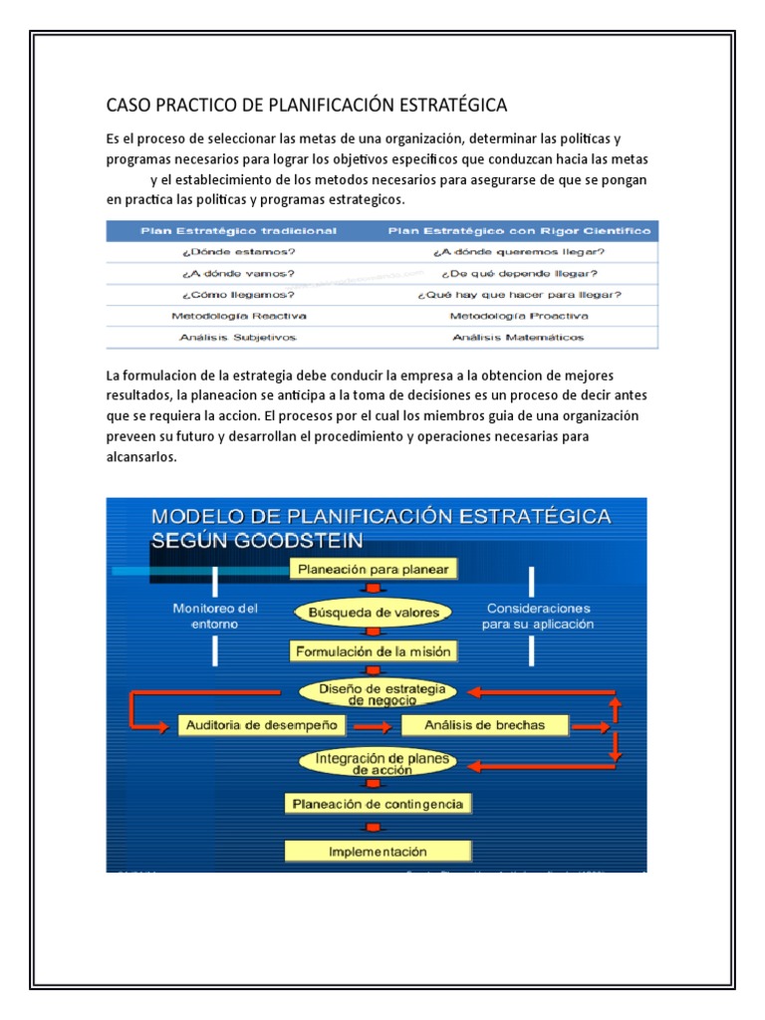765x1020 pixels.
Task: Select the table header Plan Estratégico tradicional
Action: pos(239,230)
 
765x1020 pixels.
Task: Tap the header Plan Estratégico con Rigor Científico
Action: pos(520,230)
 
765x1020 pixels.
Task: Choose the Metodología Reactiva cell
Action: pos(238,316)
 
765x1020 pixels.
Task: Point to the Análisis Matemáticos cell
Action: pos(520,337)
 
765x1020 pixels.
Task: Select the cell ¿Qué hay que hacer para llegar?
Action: pos(520,295)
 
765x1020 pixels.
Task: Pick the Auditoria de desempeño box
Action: pos(263,724)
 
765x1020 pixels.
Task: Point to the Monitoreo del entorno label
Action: pos(215,616)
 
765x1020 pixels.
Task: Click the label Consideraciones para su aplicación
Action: pos(538,616)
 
